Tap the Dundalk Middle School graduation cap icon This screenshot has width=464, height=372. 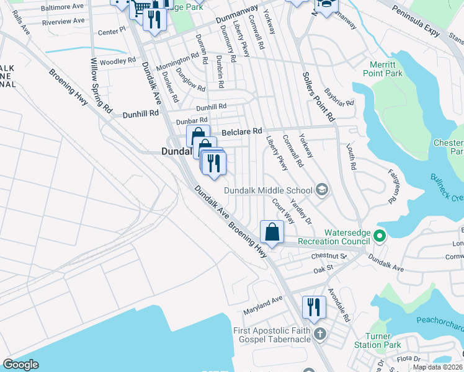pos(321,189)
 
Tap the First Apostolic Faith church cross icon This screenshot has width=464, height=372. pos(319,335)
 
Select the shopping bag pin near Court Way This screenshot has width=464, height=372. pos(272,232)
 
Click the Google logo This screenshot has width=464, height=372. pos(21,365)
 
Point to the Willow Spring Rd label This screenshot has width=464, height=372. pos(101,86)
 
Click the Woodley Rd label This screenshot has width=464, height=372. pos(117,61)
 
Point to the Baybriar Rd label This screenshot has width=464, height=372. pos(339,99)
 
